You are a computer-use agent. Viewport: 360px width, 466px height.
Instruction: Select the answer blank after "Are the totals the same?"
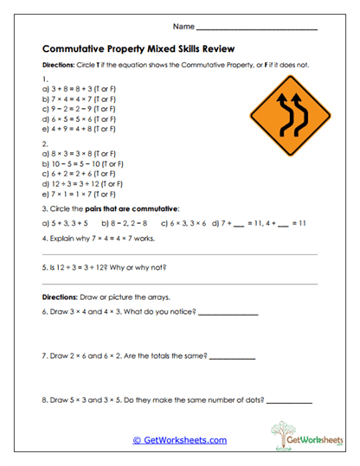point(233,356)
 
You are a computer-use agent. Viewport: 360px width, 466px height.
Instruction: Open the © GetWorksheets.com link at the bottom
point(180,440)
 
